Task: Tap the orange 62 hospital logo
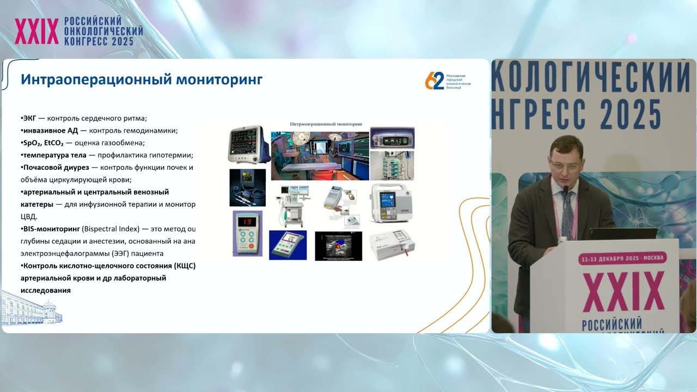[x=435, y=81]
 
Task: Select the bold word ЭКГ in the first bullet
[x=28, y=118]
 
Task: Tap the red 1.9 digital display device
[x=247, y=233]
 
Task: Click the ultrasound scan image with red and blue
[x=338, y=246]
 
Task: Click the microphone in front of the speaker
[x=565, y=191]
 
